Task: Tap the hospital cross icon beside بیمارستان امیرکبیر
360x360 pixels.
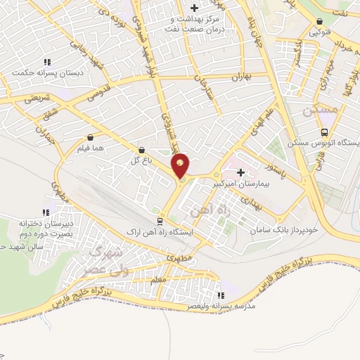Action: [241, 172]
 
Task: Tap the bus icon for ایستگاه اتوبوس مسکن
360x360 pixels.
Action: [324, 132]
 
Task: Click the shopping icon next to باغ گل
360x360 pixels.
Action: [142, 150]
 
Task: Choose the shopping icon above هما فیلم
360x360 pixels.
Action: [90, 138]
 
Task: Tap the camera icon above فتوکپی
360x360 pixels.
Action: [321, 21]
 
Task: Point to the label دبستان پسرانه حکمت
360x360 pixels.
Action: [41, 72]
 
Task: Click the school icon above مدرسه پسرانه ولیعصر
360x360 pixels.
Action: [222, 295]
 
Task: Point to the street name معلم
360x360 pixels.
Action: [158, 280]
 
